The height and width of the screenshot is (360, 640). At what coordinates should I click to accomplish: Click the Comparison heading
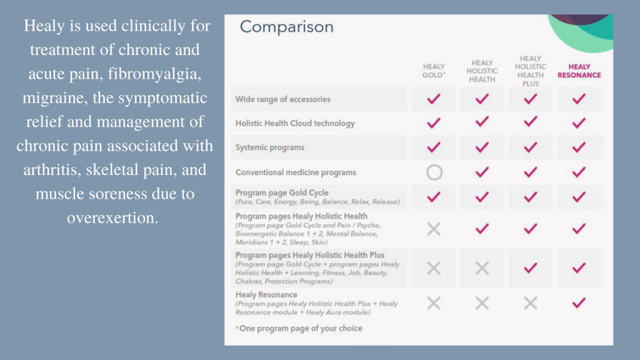[x=286, y=27]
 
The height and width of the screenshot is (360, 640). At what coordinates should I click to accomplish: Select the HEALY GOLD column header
[x=434, y=71]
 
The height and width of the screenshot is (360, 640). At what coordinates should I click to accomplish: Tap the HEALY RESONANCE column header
[x=579, y=71]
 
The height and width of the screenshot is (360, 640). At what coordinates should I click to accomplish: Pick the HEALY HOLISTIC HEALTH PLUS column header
[x=531, y=71]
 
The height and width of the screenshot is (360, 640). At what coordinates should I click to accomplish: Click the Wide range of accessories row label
[x=282, y=99]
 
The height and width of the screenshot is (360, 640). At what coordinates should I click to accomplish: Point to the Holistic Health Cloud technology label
[x=295, y=123]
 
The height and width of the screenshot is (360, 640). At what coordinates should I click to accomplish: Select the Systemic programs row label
[x=270, y=147]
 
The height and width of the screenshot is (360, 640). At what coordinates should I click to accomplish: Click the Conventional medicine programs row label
[x=296, y=172]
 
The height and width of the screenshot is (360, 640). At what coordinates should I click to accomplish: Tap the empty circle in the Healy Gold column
[x=434, y=172]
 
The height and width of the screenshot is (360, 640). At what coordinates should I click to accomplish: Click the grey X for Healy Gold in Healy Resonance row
[x=434, y=303]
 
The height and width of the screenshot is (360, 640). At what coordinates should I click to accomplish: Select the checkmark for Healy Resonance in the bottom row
[x=579, y=303]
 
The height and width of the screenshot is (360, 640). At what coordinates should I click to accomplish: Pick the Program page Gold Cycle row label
[x=282, y=192]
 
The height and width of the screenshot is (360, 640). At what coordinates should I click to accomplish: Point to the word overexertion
[x=112, y=217]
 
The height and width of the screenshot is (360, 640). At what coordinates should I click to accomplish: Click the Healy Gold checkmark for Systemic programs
[x=434, y=147]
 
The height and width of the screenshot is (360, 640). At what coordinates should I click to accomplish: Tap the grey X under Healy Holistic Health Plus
[x=531, y=303]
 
